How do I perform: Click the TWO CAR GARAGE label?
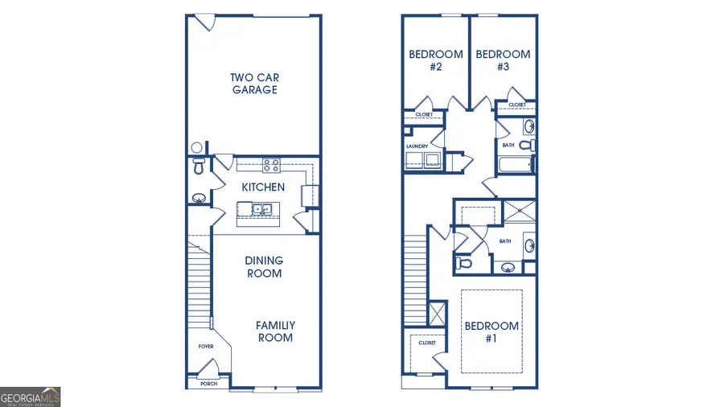pyautogui.click(x=254, y=84)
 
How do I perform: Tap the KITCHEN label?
pyautogui.click(x=263, y=187)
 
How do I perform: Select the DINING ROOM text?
pyautogui.click(x=264, y=267)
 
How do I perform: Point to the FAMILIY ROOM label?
pyautogui.click(x=275, y=331)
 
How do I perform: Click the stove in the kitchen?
pyautogui.click(x=270, y=166)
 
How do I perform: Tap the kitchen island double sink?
pyautogui.click(x=261, y=210)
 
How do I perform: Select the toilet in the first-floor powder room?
pyautogui.click(x=198, y=167)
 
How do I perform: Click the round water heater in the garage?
pyautogui.click(x=196, y=148)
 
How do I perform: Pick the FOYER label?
pyautogui.click(x=206, y=347)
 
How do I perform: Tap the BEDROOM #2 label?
pyautogui.click(x=436, y=60)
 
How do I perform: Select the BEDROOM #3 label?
pyautogui.click(x=503, y=60)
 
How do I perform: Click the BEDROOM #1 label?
pyautogui.click(x=492, y=331)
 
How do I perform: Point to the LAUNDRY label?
pyautogui.click(x=417, y=146)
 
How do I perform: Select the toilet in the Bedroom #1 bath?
pyautogui.click(x=463, y=262)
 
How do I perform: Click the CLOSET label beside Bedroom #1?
pyautogui.click(x=426, y=343)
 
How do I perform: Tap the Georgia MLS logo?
pyautogui.click(x=31, y=397)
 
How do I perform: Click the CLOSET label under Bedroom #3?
pyautogui.click(x=516, y=105)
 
